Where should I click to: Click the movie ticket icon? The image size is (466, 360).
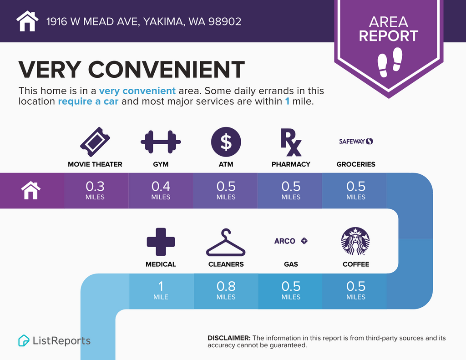pos(95,142)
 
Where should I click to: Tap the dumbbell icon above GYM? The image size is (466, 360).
pos(161,142)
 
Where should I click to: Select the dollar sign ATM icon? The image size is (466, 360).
pos(226,142)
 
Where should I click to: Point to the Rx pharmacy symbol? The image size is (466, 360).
pos(291,142)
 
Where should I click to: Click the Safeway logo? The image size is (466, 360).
pos(356,141)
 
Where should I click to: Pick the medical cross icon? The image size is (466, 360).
pos(161,242)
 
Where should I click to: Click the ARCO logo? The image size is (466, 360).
pos(291,241)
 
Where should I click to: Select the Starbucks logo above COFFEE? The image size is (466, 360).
pos(355,241)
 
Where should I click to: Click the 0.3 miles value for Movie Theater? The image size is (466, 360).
pos(95,190)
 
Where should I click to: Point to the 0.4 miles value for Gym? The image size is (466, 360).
pos(161,190)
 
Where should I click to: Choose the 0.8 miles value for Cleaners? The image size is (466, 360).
pos(226,290)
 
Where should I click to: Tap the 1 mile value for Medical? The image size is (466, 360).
pos(161,290)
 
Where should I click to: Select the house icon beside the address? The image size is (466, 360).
pos(27,21)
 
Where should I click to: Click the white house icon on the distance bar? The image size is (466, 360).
pos(31,191)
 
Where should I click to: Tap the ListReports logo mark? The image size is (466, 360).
pos(24,340)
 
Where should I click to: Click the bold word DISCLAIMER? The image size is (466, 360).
pos(229,338)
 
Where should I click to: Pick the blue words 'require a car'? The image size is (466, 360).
pos(88,101)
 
